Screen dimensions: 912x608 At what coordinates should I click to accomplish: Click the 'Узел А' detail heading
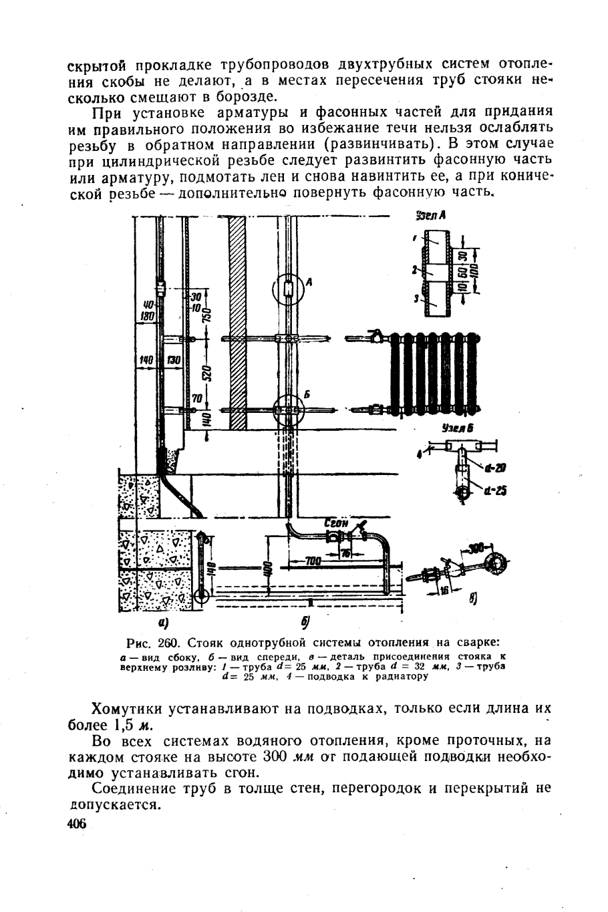[x=430, y=216]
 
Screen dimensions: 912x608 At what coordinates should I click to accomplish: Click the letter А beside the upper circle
[x=309, y=283]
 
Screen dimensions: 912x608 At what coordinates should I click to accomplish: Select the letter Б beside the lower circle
[x=308, y=395]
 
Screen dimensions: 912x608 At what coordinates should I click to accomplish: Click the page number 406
[x=78, y=825]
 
